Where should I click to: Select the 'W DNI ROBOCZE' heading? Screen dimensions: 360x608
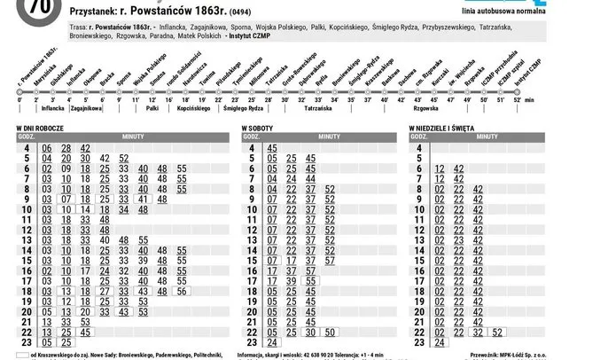click(x=44, y=129)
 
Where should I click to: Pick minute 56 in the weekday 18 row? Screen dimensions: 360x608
click(x=182, y=291)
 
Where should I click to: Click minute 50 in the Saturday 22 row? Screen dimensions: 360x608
click(x=330, y=333)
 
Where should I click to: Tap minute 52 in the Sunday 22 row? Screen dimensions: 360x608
click(x=497, y=333)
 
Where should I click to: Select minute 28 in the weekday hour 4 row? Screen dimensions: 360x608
click(x=66, y=148)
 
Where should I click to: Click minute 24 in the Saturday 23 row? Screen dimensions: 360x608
click(x=271, y=342)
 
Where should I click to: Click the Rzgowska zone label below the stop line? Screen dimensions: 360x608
click(x=426, y=109)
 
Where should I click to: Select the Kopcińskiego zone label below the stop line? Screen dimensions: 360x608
click(x=192, y=109)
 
